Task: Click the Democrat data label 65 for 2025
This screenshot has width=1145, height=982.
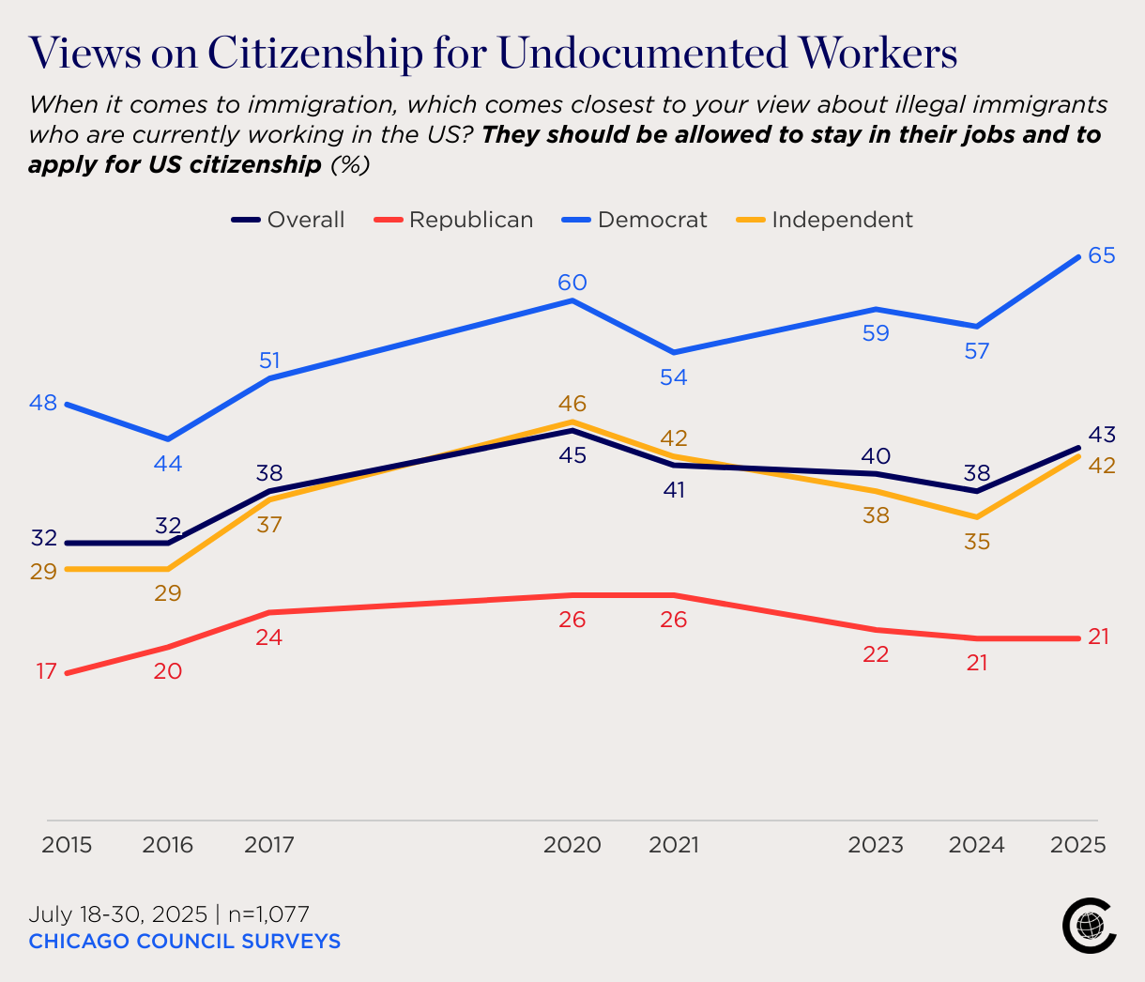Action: click(x=1101, y=255)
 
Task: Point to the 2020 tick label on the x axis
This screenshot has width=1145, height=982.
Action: click(x=572, y=845)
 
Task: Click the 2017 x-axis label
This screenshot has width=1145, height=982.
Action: click(x=269, y=845)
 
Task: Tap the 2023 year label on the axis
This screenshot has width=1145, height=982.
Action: click(x=876, y=845)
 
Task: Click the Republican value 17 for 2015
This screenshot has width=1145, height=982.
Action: click(x=46, y=671)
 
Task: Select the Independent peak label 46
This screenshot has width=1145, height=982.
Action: click(x=572, y=404)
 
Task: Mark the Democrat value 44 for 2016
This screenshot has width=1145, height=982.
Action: click(x=168, y=464)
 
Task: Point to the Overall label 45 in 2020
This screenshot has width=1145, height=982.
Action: click(x=572, y=455)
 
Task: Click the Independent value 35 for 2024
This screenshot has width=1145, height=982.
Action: click(x=977, y=542)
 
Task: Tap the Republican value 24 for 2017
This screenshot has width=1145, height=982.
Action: click(x=269, y=637)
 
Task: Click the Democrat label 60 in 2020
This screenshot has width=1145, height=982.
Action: click(x=572, y=283)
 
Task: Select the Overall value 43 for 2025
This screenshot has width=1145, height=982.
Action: click(x=1101, y=435)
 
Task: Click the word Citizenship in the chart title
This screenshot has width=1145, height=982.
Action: click(x=314, y=54)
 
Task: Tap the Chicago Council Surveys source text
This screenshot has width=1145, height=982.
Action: click(x=185, y=941)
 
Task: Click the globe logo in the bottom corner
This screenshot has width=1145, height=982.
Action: click(x=1089, y=926)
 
